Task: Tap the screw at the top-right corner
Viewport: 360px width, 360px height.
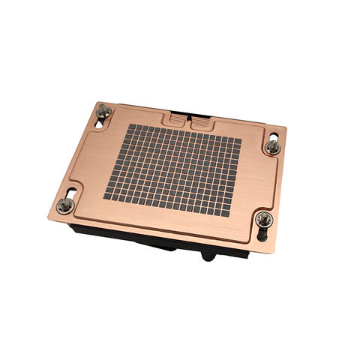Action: [x=273, y=147]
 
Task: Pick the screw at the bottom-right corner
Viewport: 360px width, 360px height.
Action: [x=262, y=218]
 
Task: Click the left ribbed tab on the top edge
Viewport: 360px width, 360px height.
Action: [x=174, y=118]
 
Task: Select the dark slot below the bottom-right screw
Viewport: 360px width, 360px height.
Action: [x=262, y=233]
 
